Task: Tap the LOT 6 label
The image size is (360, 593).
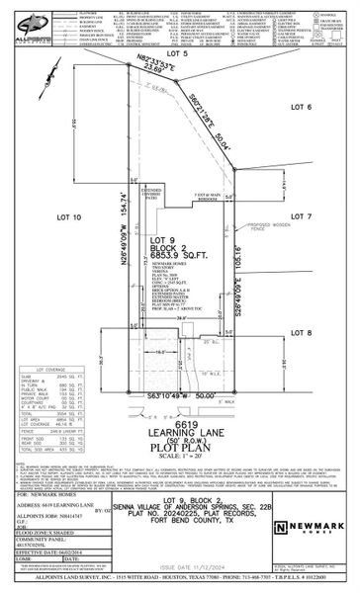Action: click(302, 106)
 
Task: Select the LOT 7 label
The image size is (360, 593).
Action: click(302, 214)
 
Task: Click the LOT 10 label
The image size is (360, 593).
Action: click(69, 215)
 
